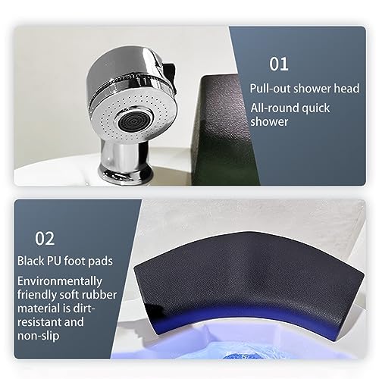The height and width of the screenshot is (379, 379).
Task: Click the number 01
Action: coord(279,64)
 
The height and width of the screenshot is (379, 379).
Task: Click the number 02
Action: coord(45,239)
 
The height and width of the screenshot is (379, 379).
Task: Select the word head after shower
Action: coord(346,88)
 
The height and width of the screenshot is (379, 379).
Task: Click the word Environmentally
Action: coord(60,281)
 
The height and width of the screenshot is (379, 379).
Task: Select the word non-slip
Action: coord(38,336)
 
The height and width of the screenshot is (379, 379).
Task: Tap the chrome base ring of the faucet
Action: coord(126,174)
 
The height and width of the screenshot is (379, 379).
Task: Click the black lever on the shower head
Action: coord(168,76)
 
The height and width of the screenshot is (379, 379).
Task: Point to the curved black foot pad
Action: coord(248,278)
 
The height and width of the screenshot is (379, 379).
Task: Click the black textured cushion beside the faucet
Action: coord(222,129)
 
